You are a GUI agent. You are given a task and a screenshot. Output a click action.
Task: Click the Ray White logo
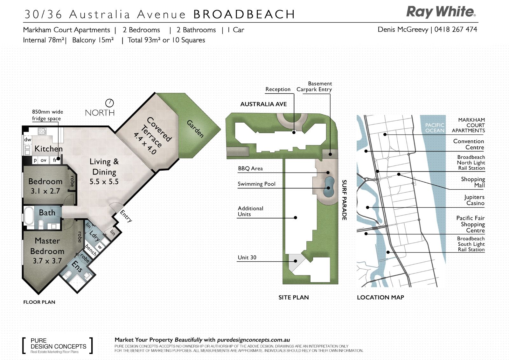point(441,12)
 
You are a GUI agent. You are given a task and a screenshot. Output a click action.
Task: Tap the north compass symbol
point(109,103)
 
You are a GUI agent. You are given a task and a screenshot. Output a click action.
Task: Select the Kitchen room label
point(49,149)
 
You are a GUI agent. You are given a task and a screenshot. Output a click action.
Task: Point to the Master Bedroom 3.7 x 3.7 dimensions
point(47,261)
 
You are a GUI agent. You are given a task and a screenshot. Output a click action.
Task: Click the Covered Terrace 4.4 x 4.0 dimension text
point(145,144)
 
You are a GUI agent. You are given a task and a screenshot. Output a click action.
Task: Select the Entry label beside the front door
point(126,216)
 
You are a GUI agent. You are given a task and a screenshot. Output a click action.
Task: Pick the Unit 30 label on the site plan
point(247,258)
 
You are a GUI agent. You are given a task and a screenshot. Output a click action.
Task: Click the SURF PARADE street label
point(345,200)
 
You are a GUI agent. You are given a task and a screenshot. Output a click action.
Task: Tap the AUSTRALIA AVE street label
point(264,104)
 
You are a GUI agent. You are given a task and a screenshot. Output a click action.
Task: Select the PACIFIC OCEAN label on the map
point(435,128)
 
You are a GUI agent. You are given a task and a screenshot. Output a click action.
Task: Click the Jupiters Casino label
point(474,200)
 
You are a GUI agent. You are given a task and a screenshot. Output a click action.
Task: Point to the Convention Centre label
point(469,144)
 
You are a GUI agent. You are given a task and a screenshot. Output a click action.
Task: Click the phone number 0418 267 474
point(456,29)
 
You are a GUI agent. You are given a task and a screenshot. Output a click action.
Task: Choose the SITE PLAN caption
point(294,298)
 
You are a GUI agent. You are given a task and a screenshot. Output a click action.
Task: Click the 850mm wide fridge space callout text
point(47,115)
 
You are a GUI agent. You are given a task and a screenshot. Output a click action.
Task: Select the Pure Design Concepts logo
point(58,346)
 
